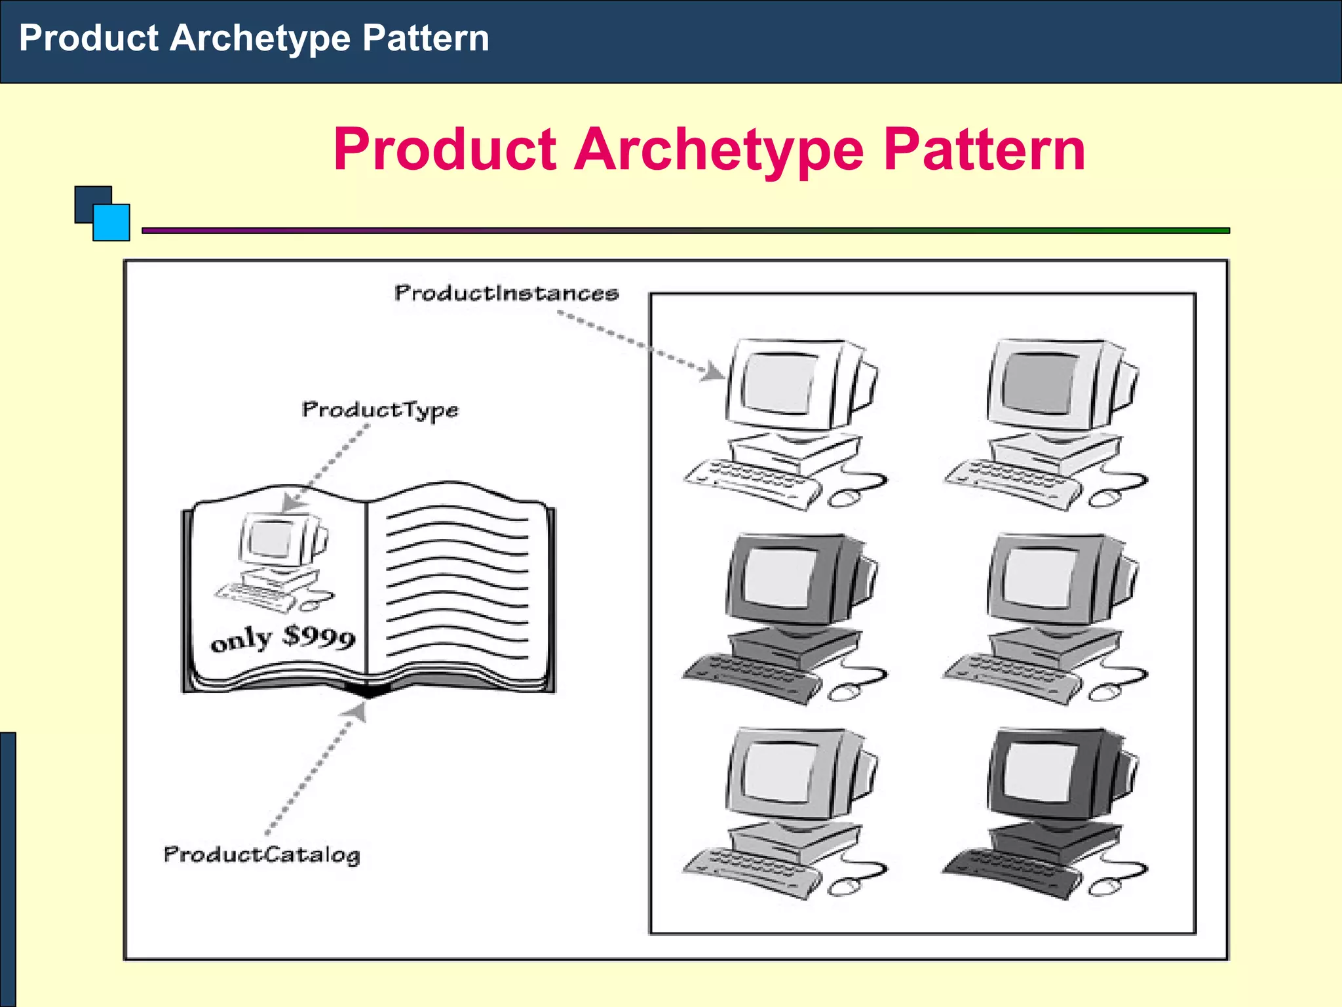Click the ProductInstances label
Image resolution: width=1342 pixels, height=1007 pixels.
[x=506, y=293]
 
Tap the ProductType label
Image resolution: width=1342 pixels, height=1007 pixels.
[x=380, y=410]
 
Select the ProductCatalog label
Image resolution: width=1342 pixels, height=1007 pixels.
[x=261, y=854]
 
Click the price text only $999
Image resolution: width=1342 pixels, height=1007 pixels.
[x=283, y=638]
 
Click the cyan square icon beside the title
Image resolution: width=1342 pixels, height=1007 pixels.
[x=111, y=223]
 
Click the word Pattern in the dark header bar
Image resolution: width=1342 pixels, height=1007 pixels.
[x=425, y=38]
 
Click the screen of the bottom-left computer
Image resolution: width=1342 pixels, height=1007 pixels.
[x=778, y=772]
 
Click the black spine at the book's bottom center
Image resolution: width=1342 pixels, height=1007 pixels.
[x=369, y=689]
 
